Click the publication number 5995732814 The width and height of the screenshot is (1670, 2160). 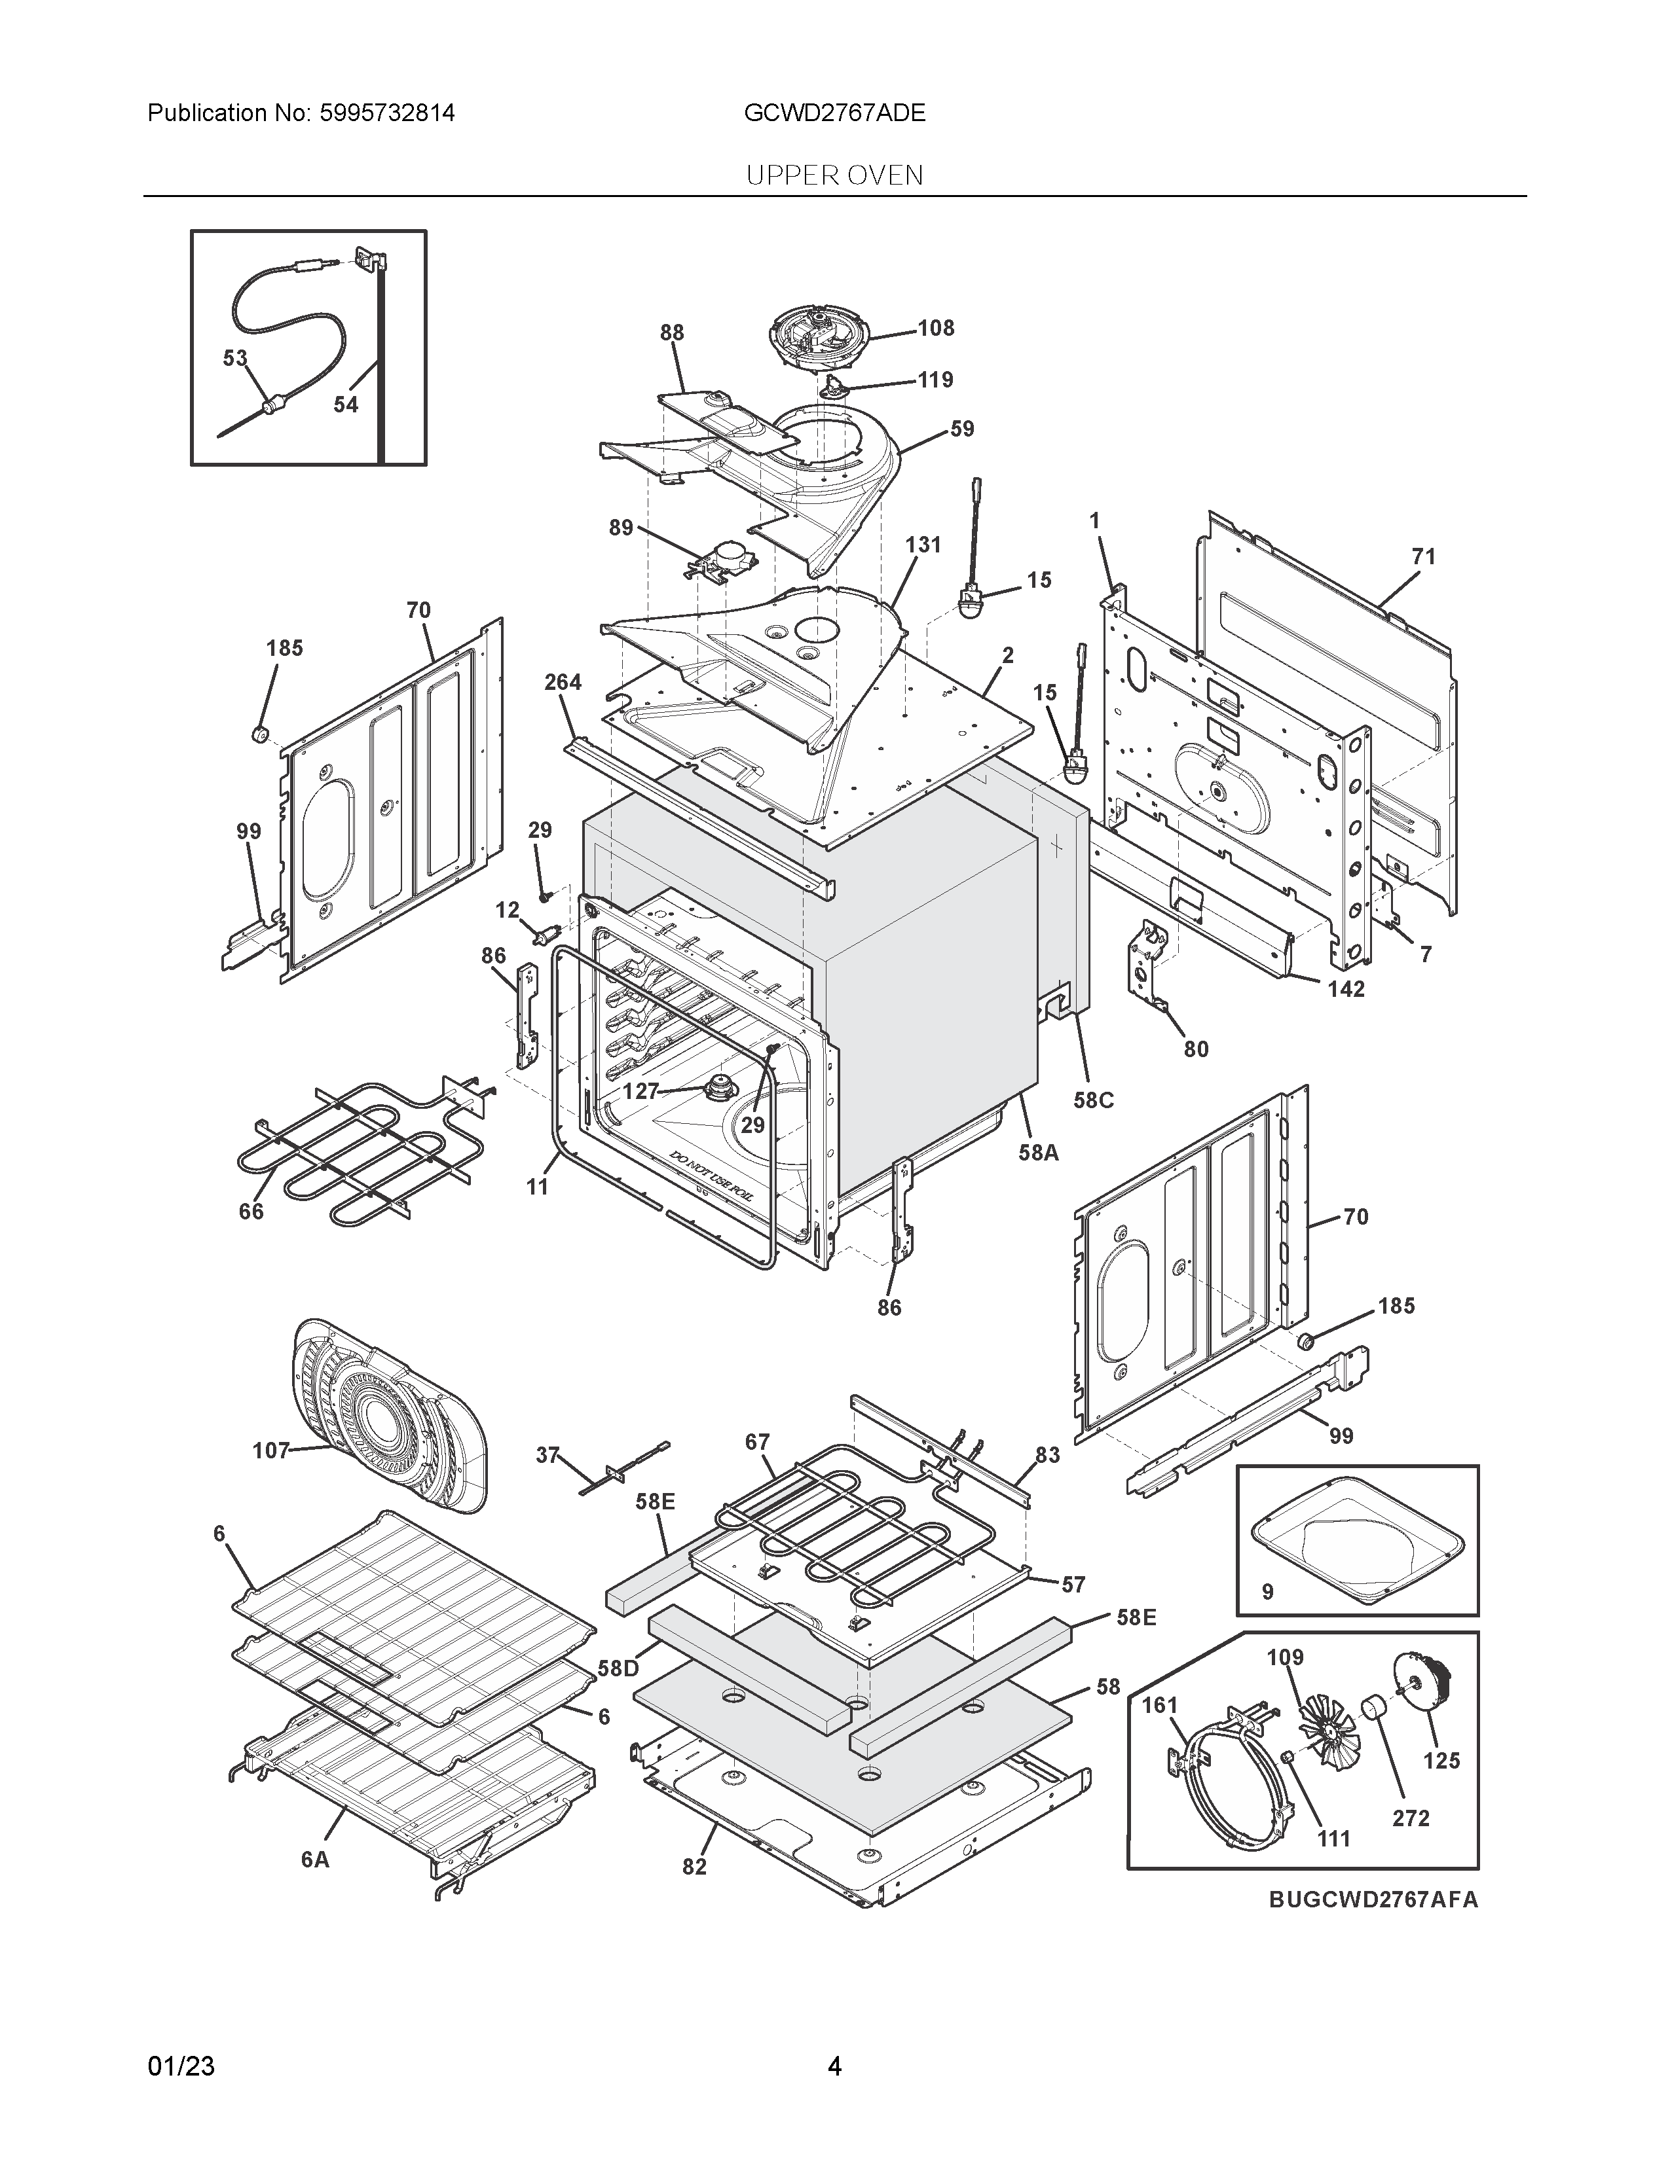[x=387, y=113]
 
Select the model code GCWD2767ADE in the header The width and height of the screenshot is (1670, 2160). [x=834, y=113]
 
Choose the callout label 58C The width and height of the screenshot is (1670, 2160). [x=1093, y=1100]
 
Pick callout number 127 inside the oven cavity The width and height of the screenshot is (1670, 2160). [x=640, y=1091]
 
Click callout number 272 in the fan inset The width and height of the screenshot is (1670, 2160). [x=1410, y=1818]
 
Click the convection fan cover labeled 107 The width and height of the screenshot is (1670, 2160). [x=391, y=1414]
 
